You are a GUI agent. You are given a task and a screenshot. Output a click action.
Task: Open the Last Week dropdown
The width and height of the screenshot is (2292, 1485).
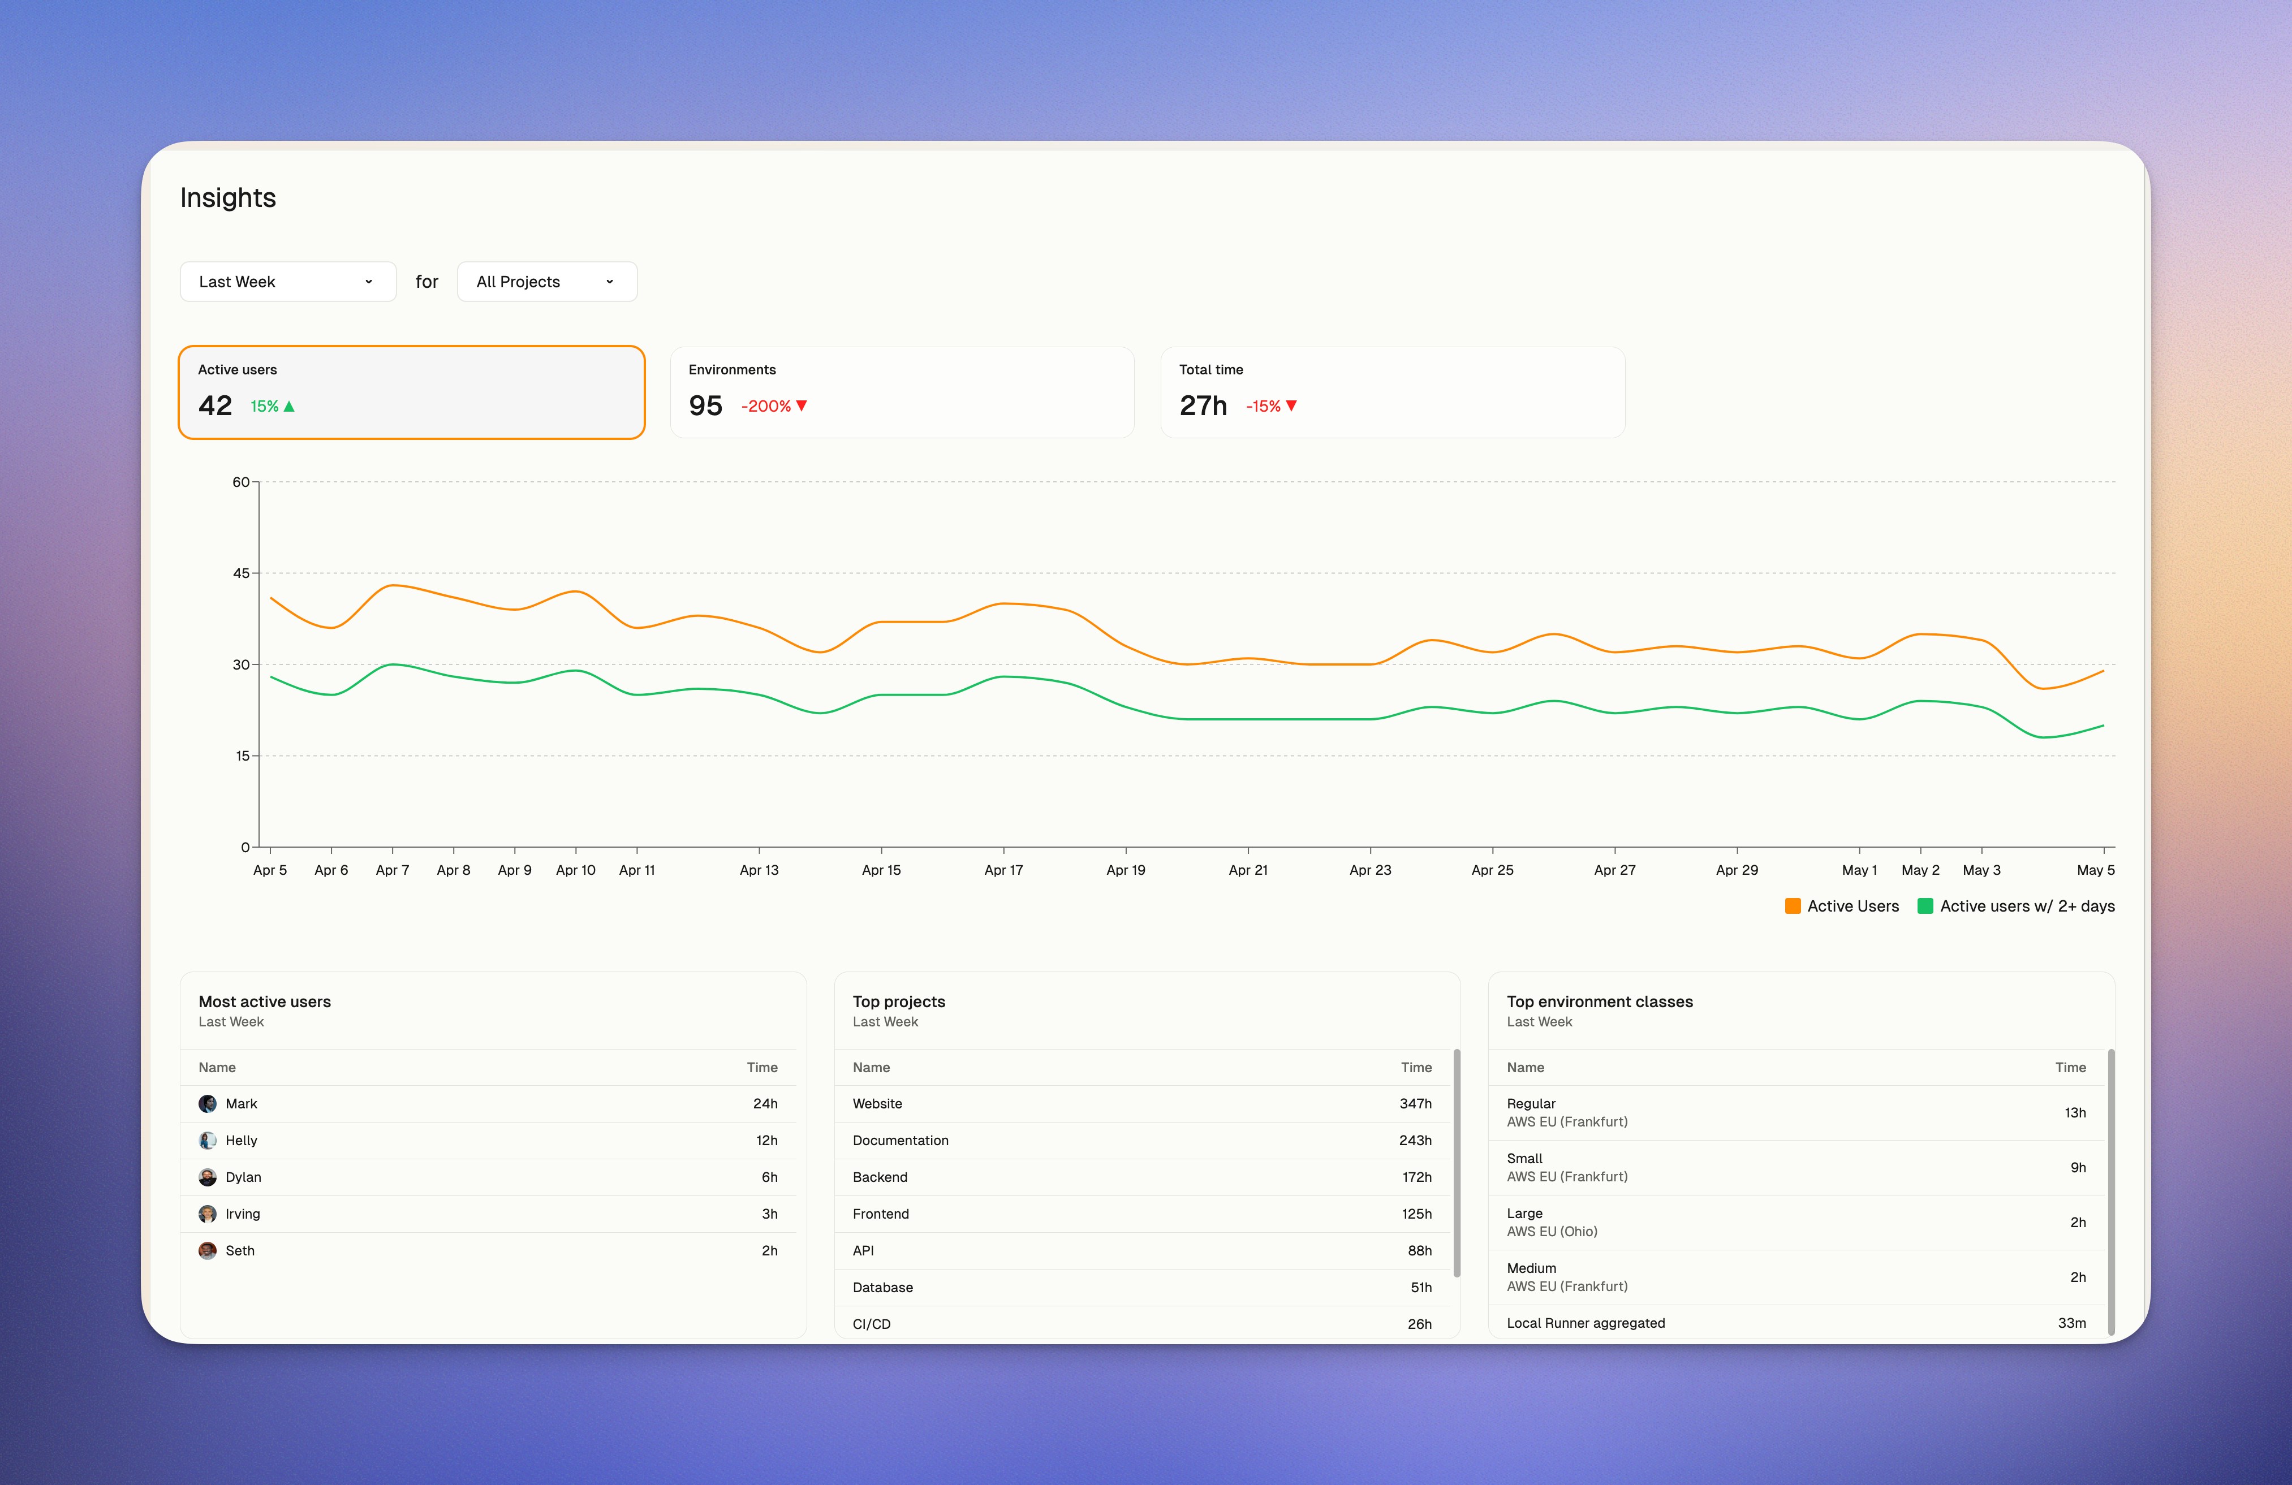[287, 281]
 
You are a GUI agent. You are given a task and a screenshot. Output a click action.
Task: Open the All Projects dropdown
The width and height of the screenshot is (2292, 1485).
[546, 281]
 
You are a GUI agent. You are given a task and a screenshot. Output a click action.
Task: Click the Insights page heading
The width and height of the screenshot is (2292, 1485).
[227, 197]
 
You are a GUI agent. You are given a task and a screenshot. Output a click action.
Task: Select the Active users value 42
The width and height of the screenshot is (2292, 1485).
[215, 405]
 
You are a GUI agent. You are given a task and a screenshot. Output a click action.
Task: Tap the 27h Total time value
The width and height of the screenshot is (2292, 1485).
[1203, 405]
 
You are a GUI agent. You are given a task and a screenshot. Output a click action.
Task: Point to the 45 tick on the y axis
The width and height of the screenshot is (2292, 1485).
[241, 573]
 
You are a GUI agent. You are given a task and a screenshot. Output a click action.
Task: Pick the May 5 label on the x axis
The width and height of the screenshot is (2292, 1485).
[2096, 870]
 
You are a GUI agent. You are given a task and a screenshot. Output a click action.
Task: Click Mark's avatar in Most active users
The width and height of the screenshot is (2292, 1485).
[207, 1104]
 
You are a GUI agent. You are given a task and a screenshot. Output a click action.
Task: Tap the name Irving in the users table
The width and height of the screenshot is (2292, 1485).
[243, 1214]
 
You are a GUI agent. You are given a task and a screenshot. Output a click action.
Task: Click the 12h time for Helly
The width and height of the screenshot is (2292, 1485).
[766, 1140]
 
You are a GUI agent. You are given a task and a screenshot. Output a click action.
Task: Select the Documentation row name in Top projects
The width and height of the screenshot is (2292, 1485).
[901, 1140]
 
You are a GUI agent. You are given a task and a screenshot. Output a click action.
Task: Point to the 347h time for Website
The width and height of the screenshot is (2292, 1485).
[1415, 1104]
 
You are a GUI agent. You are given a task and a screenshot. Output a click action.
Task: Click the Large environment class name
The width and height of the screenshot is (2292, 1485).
[1524, 1214]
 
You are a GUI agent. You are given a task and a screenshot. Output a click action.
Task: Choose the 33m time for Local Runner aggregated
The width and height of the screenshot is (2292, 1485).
[2071, 1323]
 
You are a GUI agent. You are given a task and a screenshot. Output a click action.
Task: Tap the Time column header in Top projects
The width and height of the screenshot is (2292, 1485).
[1416, 1067]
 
